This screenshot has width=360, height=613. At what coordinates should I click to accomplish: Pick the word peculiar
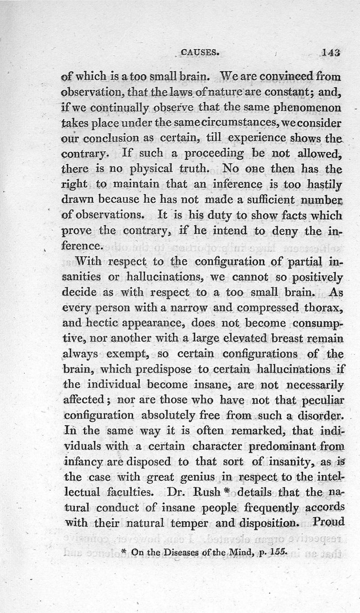(322, 400)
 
